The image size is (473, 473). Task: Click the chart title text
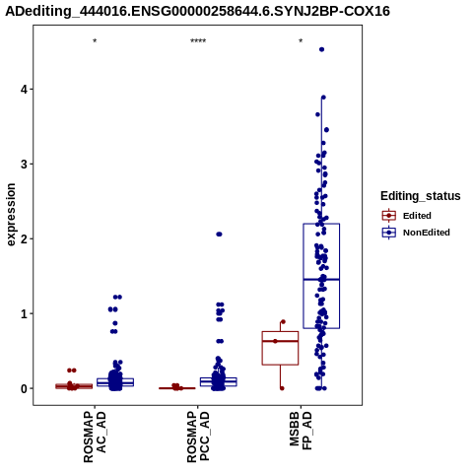click(198, 11)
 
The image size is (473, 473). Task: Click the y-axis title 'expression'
click(11, 215)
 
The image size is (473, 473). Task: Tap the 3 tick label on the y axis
click(25, 165)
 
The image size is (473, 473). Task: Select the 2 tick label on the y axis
click(25, 238)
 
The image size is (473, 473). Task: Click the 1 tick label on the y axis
click(25, 313)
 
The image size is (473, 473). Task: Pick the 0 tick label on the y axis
click(25, 388)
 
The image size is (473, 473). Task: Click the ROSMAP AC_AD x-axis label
click(95, 438)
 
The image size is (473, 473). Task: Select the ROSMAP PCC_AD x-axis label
click(198, 438)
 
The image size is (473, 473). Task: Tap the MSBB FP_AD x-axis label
click(301, 432)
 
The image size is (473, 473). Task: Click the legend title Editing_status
click(421, 196)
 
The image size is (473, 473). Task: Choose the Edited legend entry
click(407, 216)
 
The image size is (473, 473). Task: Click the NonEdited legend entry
click(416, 233)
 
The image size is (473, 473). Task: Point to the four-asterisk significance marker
click(198, 41)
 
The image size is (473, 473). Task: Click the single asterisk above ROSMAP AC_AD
click(95, 41)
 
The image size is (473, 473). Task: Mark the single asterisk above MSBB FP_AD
click(301, 41)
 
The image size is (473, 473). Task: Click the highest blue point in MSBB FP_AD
click(322, 49)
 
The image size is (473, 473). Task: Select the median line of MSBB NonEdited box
click(321, 280)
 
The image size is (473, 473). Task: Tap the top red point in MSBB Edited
click(283, 322)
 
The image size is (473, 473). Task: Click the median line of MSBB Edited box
click(280, 341)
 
